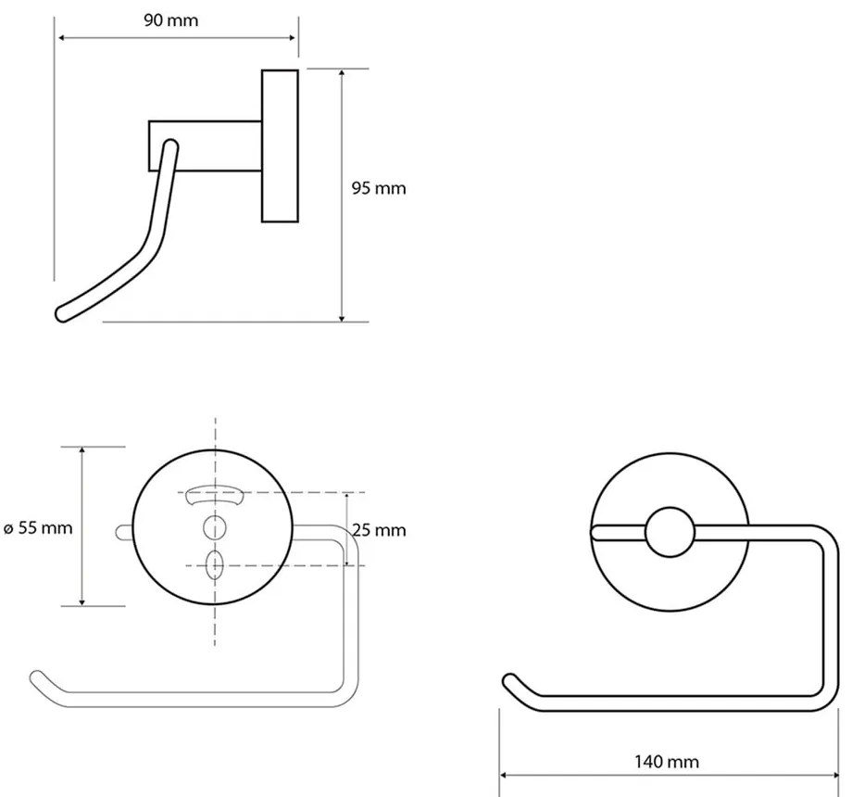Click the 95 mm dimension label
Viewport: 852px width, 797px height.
[x=378, y=188]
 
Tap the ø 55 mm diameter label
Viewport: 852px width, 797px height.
[x=38, y=528]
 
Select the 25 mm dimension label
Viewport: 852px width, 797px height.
[x=378, y=530]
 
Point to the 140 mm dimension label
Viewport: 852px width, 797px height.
[x=668, y=762]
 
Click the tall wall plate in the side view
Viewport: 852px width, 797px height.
[x=280, y=145]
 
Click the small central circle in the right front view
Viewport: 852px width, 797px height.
[x=669, y=534]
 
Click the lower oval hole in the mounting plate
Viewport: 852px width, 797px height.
[x=215, y=564]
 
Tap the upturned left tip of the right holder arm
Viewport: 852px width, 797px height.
[x=508, y=681]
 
